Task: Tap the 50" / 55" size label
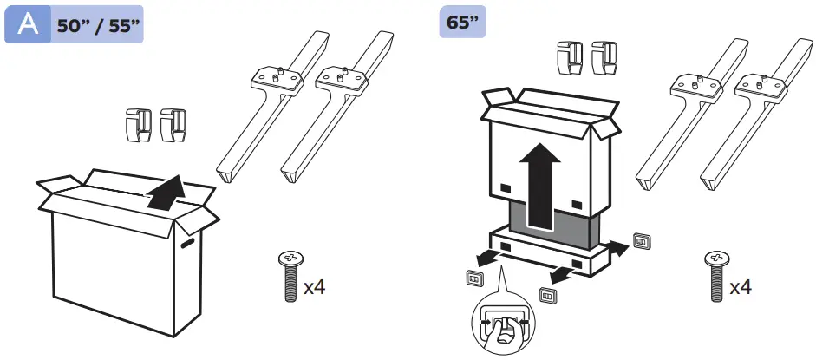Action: [97, 25]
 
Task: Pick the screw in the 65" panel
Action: [715, 276]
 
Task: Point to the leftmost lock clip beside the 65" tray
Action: [475, 278]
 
